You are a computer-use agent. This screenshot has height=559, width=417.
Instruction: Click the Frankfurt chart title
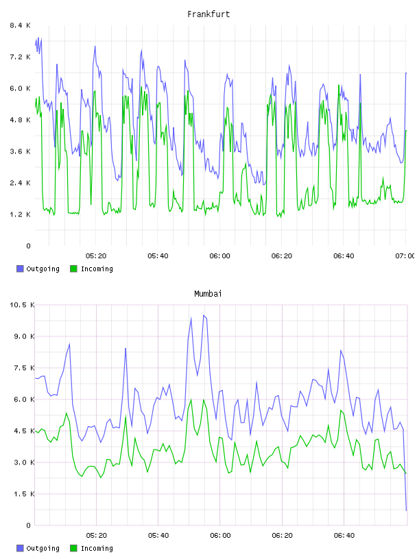click(208, 14)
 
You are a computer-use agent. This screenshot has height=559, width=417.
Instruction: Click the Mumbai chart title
click(208, 294)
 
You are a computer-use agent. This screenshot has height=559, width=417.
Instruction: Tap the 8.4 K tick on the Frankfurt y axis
click(21, 25)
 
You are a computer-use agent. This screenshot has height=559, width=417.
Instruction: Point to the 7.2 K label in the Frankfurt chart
click(21, 57)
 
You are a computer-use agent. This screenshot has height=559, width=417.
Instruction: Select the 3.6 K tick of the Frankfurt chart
click(21, 151)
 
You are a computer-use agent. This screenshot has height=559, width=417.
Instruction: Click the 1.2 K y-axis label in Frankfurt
click(21, 214)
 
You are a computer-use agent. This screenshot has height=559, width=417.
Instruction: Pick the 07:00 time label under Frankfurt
click(405, 256)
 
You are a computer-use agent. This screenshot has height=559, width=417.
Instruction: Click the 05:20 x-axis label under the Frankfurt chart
click(96, 256)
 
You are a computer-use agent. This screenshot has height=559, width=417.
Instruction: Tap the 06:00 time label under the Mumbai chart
click(220, 536)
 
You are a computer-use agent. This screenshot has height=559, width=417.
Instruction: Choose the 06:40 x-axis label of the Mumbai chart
click(344, 536)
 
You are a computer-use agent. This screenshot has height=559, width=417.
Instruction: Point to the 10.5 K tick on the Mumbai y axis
click(22, 305)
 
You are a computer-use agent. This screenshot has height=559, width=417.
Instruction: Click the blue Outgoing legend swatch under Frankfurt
click(20, 269)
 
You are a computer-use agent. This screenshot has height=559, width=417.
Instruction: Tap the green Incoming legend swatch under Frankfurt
click(73, 269)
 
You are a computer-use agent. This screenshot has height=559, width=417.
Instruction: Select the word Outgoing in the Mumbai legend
click(43, 548)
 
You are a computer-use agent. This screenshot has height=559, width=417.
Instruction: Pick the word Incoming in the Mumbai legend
click(97, 548)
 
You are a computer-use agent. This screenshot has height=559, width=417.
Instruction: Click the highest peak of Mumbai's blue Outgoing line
click(204, 315)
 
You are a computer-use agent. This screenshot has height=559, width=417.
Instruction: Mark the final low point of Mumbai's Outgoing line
click(406, 510)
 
